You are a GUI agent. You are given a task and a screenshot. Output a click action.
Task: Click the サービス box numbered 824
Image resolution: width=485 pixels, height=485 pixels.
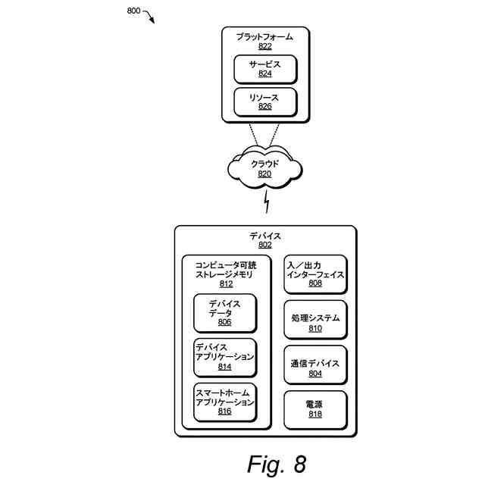(x=264, y=69)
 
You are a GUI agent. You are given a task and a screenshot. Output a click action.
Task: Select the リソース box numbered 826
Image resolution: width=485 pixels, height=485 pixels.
(x=264, y=102)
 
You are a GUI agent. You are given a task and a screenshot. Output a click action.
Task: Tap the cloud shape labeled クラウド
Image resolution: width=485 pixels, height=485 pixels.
(x=264, y=167)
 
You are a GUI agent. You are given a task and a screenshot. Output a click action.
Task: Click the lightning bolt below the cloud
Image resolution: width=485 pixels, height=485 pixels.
(x=266, y=202)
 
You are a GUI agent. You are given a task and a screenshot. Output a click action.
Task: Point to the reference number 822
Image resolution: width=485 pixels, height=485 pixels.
(x=264, y=46)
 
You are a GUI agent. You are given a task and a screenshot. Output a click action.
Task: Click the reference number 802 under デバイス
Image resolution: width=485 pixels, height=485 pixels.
(x=264, y=245)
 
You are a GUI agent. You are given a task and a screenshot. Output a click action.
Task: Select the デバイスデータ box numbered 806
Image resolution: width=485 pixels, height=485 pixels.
(x=224, y=312)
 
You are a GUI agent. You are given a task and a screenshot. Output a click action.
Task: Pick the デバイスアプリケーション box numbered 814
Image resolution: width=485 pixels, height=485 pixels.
(x=224, y=357)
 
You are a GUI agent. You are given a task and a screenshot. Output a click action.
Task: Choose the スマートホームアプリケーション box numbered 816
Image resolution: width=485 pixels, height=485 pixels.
(x=224, y=402)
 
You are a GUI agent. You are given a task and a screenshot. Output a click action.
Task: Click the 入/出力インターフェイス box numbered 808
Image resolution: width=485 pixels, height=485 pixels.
(x=314, y=274)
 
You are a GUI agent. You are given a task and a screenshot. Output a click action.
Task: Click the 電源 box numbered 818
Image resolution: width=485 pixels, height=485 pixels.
(x=314, y=409)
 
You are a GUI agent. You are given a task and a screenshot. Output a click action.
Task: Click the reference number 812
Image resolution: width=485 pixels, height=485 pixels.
(x=225, y=284)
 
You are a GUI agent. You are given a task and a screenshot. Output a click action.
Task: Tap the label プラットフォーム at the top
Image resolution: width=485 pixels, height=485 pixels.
(x=264, y=36)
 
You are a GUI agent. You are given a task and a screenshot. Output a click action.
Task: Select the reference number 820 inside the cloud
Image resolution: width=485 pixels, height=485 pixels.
(x=264, y=174)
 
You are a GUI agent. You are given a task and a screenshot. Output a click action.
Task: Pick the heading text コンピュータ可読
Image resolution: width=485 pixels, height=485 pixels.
(x=225, y=265)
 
